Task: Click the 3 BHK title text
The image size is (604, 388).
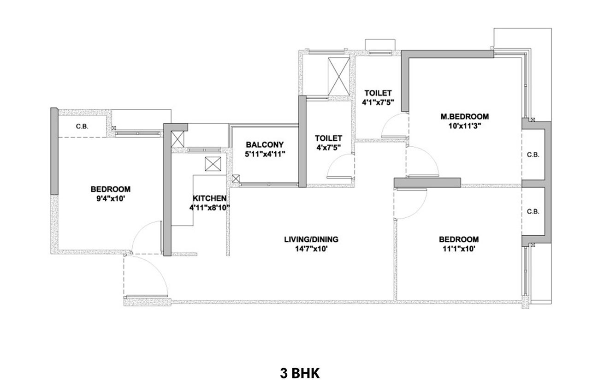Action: [x=299, y=373]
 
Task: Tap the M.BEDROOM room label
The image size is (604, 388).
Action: [x=464, y=116]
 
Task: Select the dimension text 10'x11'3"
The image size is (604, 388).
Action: [x=464, y=125]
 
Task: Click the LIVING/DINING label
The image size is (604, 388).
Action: [x=311, y=239]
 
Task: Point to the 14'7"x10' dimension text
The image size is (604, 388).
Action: [x=311, y=249]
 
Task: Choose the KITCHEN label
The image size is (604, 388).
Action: [x=209, y=198]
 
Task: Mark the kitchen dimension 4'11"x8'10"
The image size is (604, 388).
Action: [x=209, y=208]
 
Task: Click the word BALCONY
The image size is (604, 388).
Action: [x=265, y=144]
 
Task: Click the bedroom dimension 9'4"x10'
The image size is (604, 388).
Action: [x=111, y=198]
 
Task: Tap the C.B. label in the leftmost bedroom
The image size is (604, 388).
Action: [x=83, y=126]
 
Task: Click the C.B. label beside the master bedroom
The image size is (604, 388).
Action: [x=533, y=155]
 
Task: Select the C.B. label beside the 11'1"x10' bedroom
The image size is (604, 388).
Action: [x=533, y=212]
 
